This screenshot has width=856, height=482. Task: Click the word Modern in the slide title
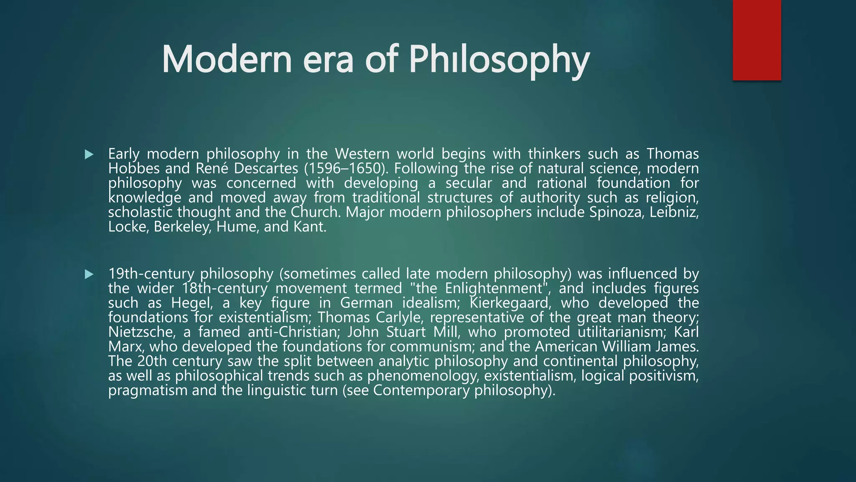226,59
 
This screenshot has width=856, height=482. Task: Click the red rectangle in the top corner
757,40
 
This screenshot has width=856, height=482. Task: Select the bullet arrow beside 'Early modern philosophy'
89,154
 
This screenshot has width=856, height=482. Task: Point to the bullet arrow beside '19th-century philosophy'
89,274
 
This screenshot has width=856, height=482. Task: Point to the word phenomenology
423,376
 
